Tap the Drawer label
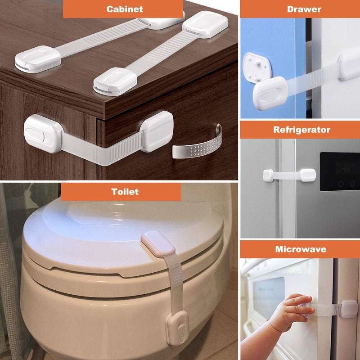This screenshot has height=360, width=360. coord(304,9)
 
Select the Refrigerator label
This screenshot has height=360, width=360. coord(301,130)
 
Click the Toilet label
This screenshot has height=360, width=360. coord(125,192)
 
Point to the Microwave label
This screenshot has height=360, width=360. coord(301,249)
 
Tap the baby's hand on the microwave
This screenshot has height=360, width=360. coord(292,311)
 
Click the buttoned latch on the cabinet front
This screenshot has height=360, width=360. coord(42,133)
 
